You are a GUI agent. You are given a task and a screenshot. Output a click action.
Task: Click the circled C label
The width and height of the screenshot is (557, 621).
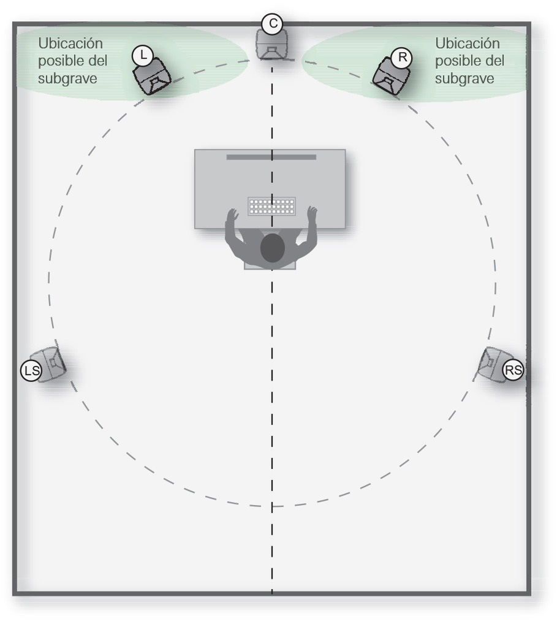click(x=273, y=24)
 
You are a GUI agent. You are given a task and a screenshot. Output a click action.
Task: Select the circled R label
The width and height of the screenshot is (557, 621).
click(x=402, y=57)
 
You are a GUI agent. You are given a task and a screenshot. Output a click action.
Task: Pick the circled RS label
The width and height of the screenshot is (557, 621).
click(x=513, y=370)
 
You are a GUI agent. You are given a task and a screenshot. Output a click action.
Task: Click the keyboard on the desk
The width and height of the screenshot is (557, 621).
click(x=271, y=206)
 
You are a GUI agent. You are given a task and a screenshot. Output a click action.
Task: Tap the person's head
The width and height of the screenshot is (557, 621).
click(x=273, y=248)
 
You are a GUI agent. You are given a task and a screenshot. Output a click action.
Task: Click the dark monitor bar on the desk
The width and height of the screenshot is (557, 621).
click(x=271, y=157)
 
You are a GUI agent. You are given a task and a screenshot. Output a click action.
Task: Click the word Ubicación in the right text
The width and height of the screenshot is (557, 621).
click(x=467, y=44)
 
